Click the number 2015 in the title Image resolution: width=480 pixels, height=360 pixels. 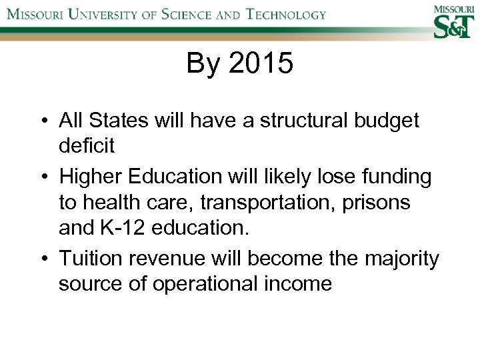tap(261, 64)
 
